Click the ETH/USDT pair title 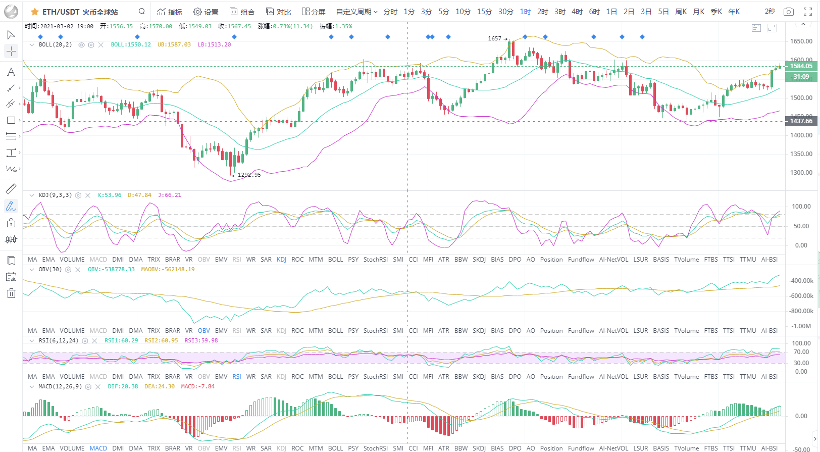tap(80, 12)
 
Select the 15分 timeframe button tap(484, 12)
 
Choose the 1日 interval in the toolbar tap(611, 12)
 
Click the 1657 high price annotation tap(495, 38)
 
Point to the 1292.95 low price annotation tap(249, 175)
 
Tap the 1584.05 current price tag tap(801, 66)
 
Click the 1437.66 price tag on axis tap(801, 121)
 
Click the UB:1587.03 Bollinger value tap(174, 44)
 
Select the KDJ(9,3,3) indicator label tap(55, 195)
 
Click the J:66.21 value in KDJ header tap(169, 195)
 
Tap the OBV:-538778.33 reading tap(111, 269)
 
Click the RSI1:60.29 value tap(121, 340)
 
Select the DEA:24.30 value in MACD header tap(160, 386)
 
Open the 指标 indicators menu tap(170, 12)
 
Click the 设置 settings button tap(206, 12)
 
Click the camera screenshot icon tap(788, 12)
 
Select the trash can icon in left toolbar tap(11, 293)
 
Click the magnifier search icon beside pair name tap(142, 11)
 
